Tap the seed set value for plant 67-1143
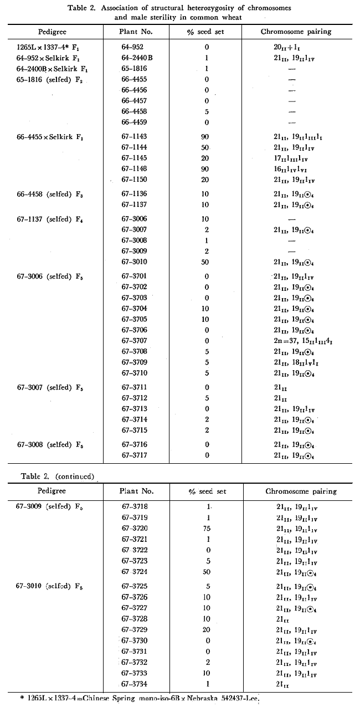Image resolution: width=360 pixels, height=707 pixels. click(206, 136)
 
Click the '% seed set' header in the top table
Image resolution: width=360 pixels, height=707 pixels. click(206, 32)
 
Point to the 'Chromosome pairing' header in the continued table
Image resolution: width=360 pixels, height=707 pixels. click(301, 491)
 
